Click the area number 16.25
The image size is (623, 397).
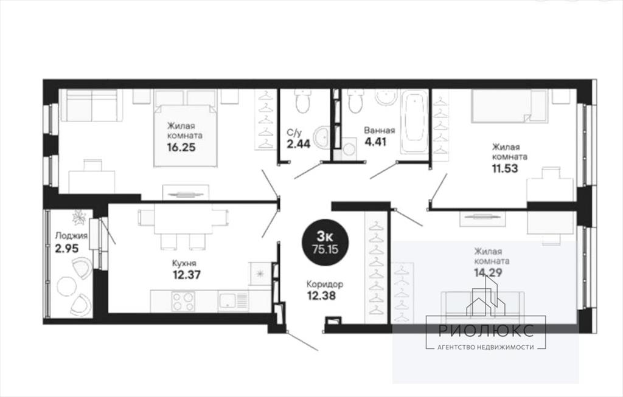(x=181, y=148)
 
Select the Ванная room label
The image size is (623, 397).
(x=380, y=131)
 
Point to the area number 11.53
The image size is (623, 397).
(x=504, y=168)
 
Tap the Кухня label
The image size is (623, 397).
(x=184, y=263)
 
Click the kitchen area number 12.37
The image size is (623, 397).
(x=186, y=274)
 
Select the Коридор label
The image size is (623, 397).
(x=325, y=285)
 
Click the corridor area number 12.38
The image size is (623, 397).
(x=321, y=295)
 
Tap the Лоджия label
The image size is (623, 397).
(x=71, y=236)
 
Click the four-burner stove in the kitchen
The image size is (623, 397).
(x=183, y=302)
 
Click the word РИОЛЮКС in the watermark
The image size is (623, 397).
(x=486, y=330)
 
